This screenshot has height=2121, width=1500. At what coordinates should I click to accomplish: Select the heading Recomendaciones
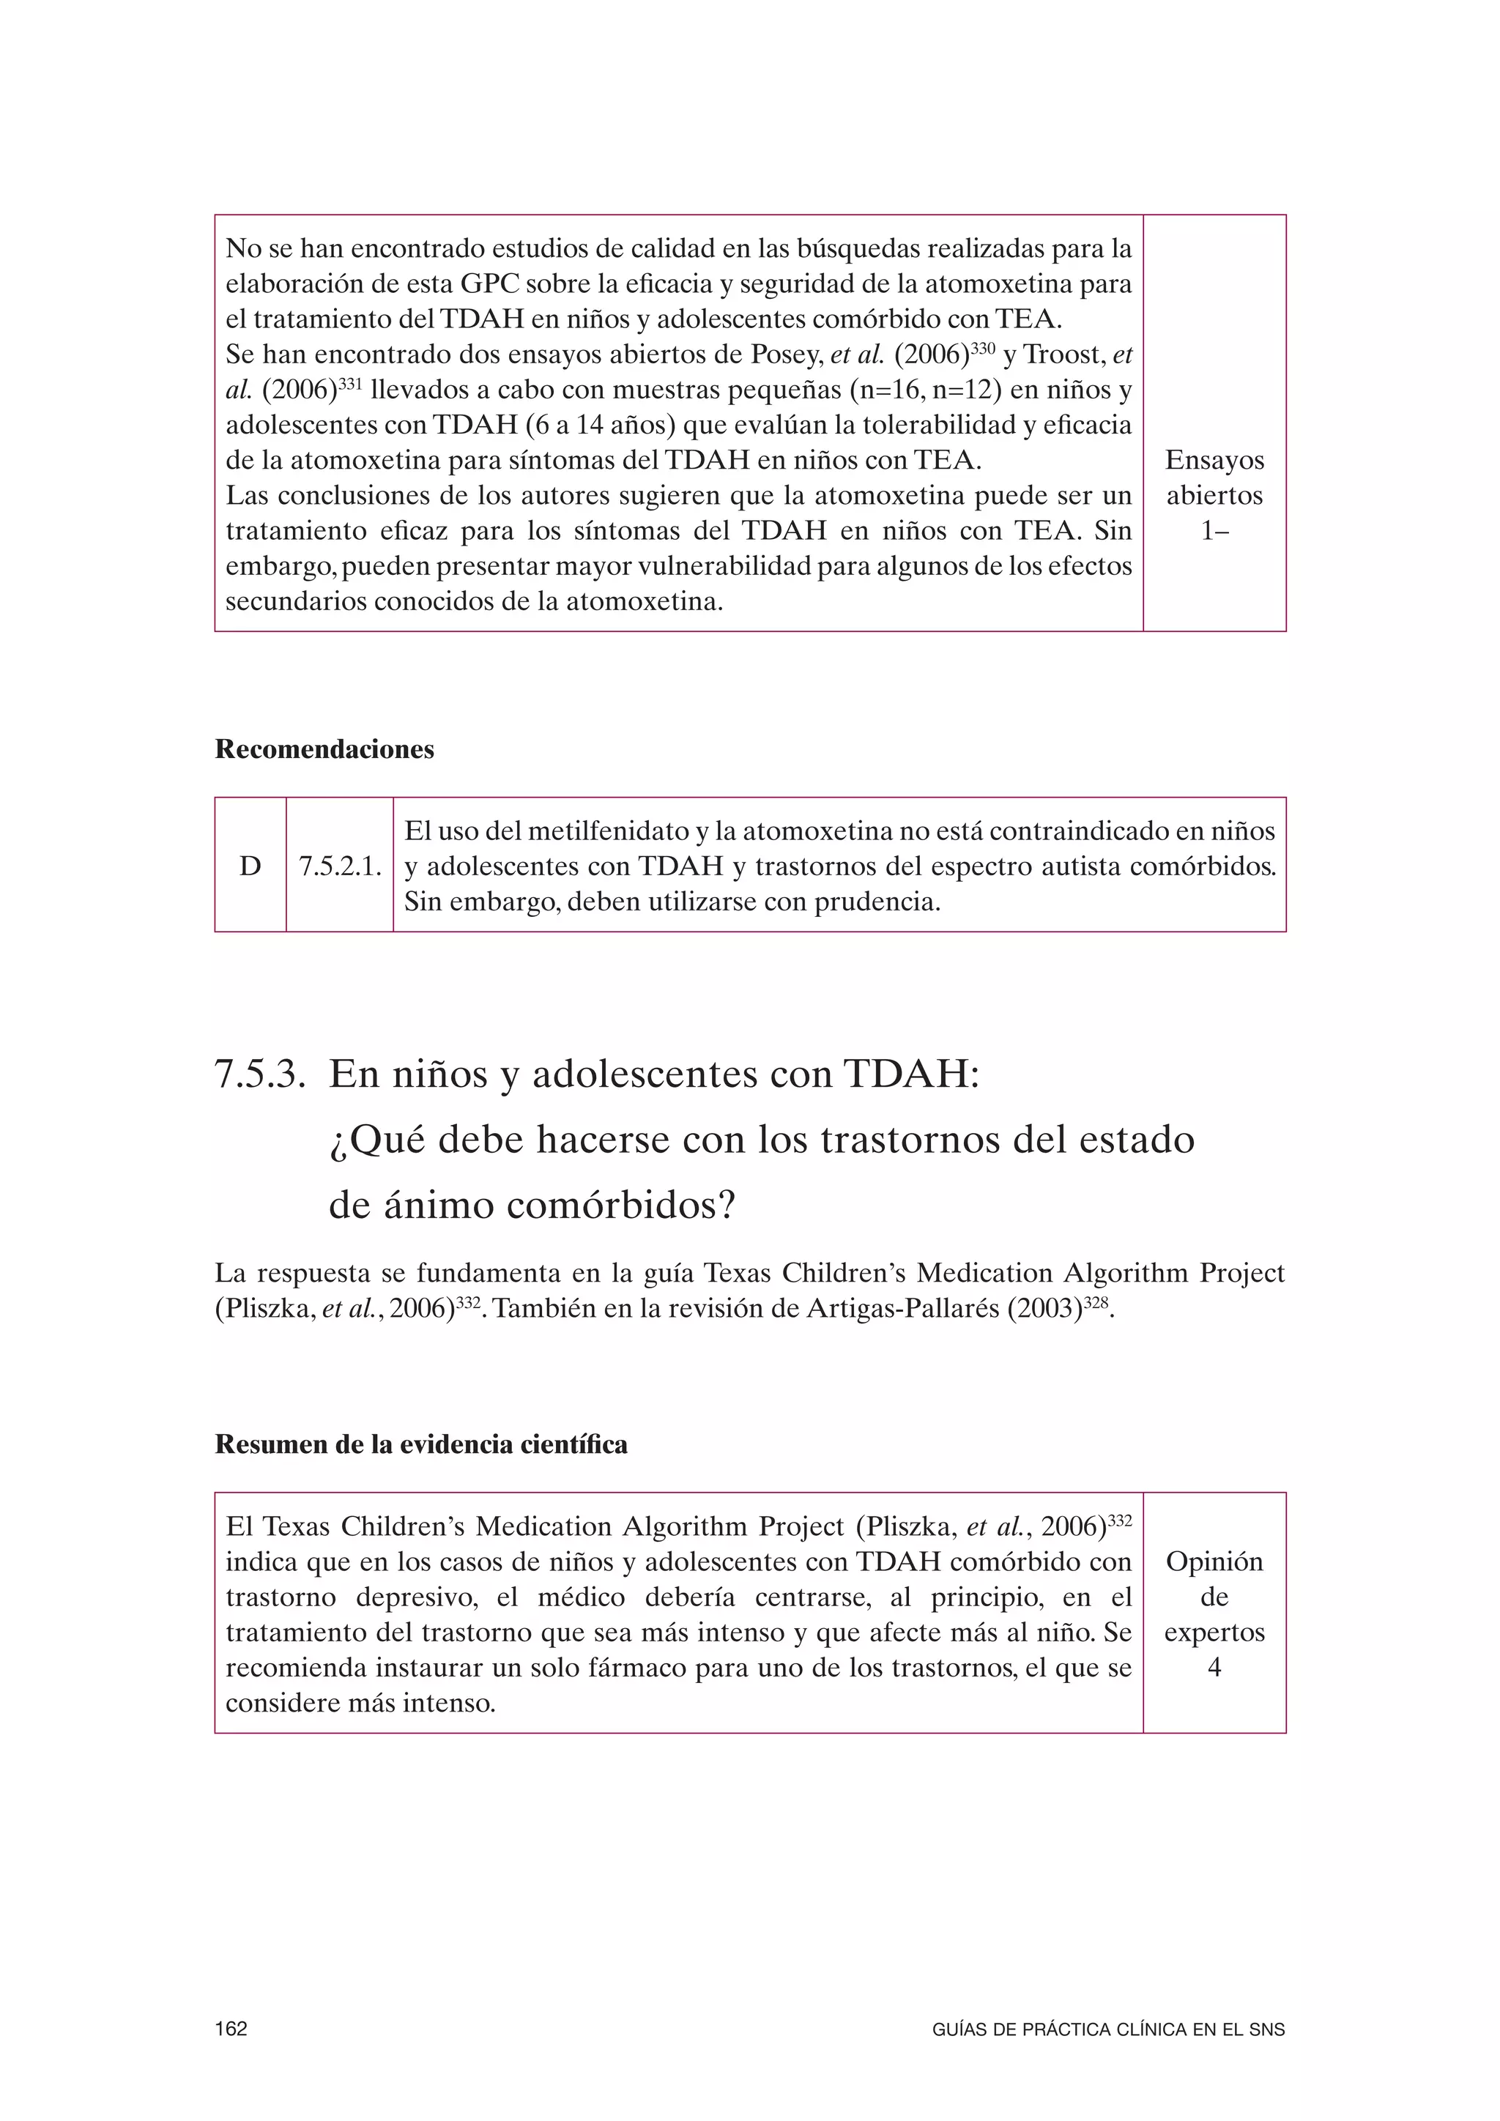(x=324, y=749)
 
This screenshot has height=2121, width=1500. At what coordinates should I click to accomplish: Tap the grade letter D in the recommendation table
(x=250, y=866)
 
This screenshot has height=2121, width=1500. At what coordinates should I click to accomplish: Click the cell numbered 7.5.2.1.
(x=340, y=866)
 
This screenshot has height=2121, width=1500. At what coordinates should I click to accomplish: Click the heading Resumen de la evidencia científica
(x=420, y=1445)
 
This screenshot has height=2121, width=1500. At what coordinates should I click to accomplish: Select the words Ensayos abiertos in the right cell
(x=1214, y=478)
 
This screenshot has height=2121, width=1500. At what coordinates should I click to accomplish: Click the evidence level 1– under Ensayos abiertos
(x=1214, y=531)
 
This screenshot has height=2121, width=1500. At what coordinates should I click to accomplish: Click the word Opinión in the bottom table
(x=1214, y=1561)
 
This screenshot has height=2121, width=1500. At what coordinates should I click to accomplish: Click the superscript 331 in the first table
(x=350, y=382)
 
